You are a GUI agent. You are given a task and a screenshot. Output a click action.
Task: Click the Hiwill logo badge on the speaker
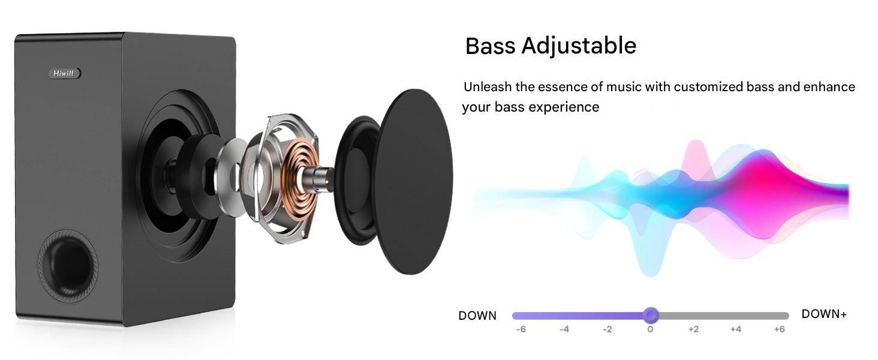coord(65,73)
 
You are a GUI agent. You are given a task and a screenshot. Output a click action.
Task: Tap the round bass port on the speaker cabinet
coord(67,266)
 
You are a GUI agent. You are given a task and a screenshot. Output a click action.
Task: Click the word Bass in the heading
coord(491,46)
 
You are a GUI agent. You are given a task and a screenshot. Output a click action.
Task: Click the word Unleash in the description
coord(488,86)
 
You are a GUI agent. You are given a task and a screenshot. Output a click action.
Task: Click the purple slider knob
coord(651,315)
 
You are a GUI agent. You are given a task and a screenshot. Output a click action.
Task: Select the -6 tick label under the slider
coord(521,329)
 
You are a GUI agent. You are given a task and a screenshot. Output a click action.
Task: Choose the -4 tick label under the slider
coord(564,329)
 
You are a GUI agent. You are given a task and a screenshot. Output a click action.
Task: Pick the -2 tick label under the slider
coord(607,329)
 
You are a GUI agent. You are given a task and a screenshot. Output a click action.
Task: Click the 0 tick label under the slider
coord(650,329)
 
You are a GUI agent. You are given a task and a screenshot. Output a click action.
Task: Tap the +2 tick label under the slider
coord(693,329)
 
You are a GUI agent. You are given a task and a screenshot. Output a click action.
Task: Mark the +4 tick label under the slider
coord(736,329)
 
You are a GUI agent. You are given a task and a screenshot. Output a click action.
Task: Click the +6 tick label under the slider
coord(779,329)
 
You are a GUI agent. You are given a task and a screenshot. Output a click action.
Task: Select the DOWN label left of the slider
coord(477,316)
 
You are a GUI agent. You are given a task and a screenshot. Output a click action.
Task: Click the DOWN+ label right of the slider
coord(824,314)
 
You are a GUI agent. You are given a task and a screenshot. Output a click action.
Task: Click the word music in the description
coord(624,86)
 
